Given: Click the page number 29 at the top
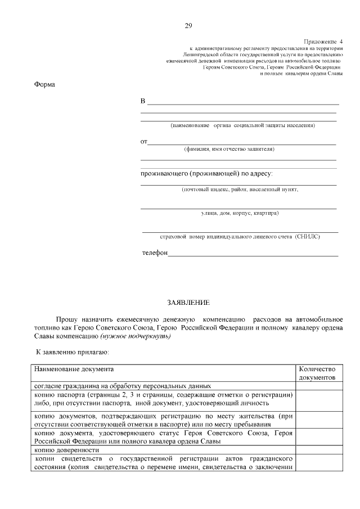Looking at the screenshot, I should (x=188, y=25).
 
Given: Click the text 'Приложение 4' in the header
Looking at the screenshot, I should (x=323, y=42).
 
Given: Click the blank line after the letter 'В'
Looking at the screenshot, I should (x=242, y=103).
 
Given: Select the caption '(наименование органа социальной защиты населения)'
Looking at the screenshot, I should (x=242, y=125).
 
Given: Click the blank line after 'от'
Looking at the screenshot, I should (x=242, y=144).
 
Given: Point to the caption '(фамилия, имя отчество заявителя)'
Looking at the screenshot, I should (x=229, y=150).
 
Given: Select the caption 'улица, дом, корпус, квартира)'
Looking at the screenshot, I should (x=240, y=213).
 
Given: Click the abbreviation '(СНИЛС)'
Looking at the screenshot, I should (x=307, y=237).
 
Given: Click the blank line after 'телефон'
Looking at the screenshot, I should (x=253, y=255).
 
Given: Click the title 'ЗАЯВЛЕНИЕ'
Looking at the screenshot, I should (x=184, y=303).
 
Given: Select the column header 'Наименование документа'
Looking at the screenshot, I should (x=74, y=370).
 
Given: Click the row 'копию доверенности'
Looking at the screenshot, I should (x=67, y=451).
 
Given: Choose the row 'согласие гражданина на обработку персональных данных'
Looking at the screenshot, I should (x=123, y=386).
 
